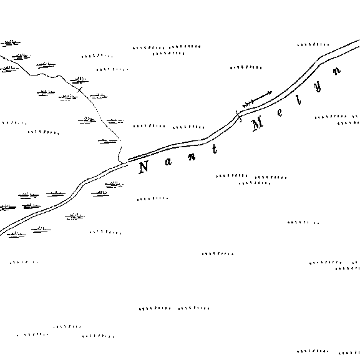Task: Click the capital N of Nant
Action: [x=144, y=167]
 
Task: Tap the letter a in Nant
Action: [x=168, y=162]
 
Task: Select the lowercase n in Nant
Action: [x=192, y=157]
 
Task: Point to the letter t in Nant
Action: [x=215, y=149]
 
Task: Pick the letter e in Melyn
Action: [x=280, y=112]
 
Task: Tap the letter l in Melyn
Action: [x=298, y=100]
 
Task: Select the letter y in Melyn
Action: [x=318, y=87]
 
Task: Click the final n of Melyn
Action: [x=336, y=71]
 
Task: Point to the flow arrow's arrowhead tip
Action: [x=272, y=92]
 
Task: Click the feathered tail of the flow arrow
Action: [x=248, y=104]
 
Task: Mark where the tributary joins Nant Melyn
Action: [x=123, y=163]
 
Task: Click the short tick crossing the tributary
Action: [x=80, y=89]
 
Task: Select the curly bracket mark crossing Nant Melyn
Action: [x=238, y=117]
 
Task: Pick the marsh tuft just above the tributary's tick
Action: [x=79, y=80]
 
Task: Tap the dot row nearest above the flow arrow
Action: [x=246, y=67]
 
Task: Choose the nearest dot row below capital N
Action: [x=152, y=198]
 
